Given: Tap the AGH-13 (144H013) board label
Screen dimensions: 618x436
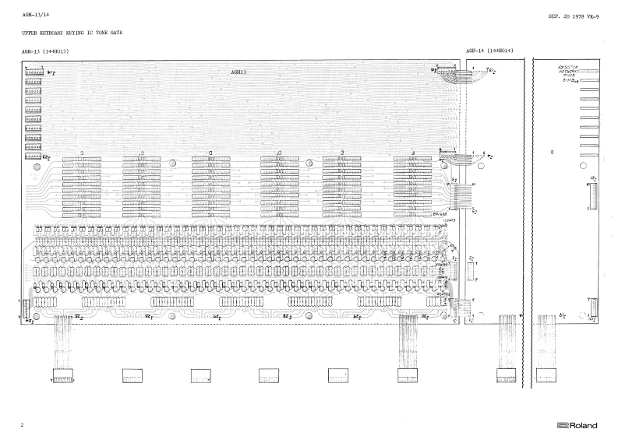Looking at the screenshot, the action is pyautogui.click(x=48, y=51).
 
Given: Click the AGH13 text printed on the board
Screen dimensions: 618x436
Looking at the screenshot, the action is pyautogui.click(x=238, y=72).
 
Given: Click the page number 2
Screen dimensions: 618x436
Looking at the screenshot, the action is pyautogui.click(x=23, y=425).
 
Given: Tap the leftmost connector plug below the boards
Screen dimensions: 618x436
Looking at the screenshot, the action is pyautogui.click(x=62, y=375).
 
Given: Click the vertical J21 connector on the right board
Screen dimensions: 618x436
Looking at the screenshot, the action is pyautogui.click(x=590, y=194).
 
